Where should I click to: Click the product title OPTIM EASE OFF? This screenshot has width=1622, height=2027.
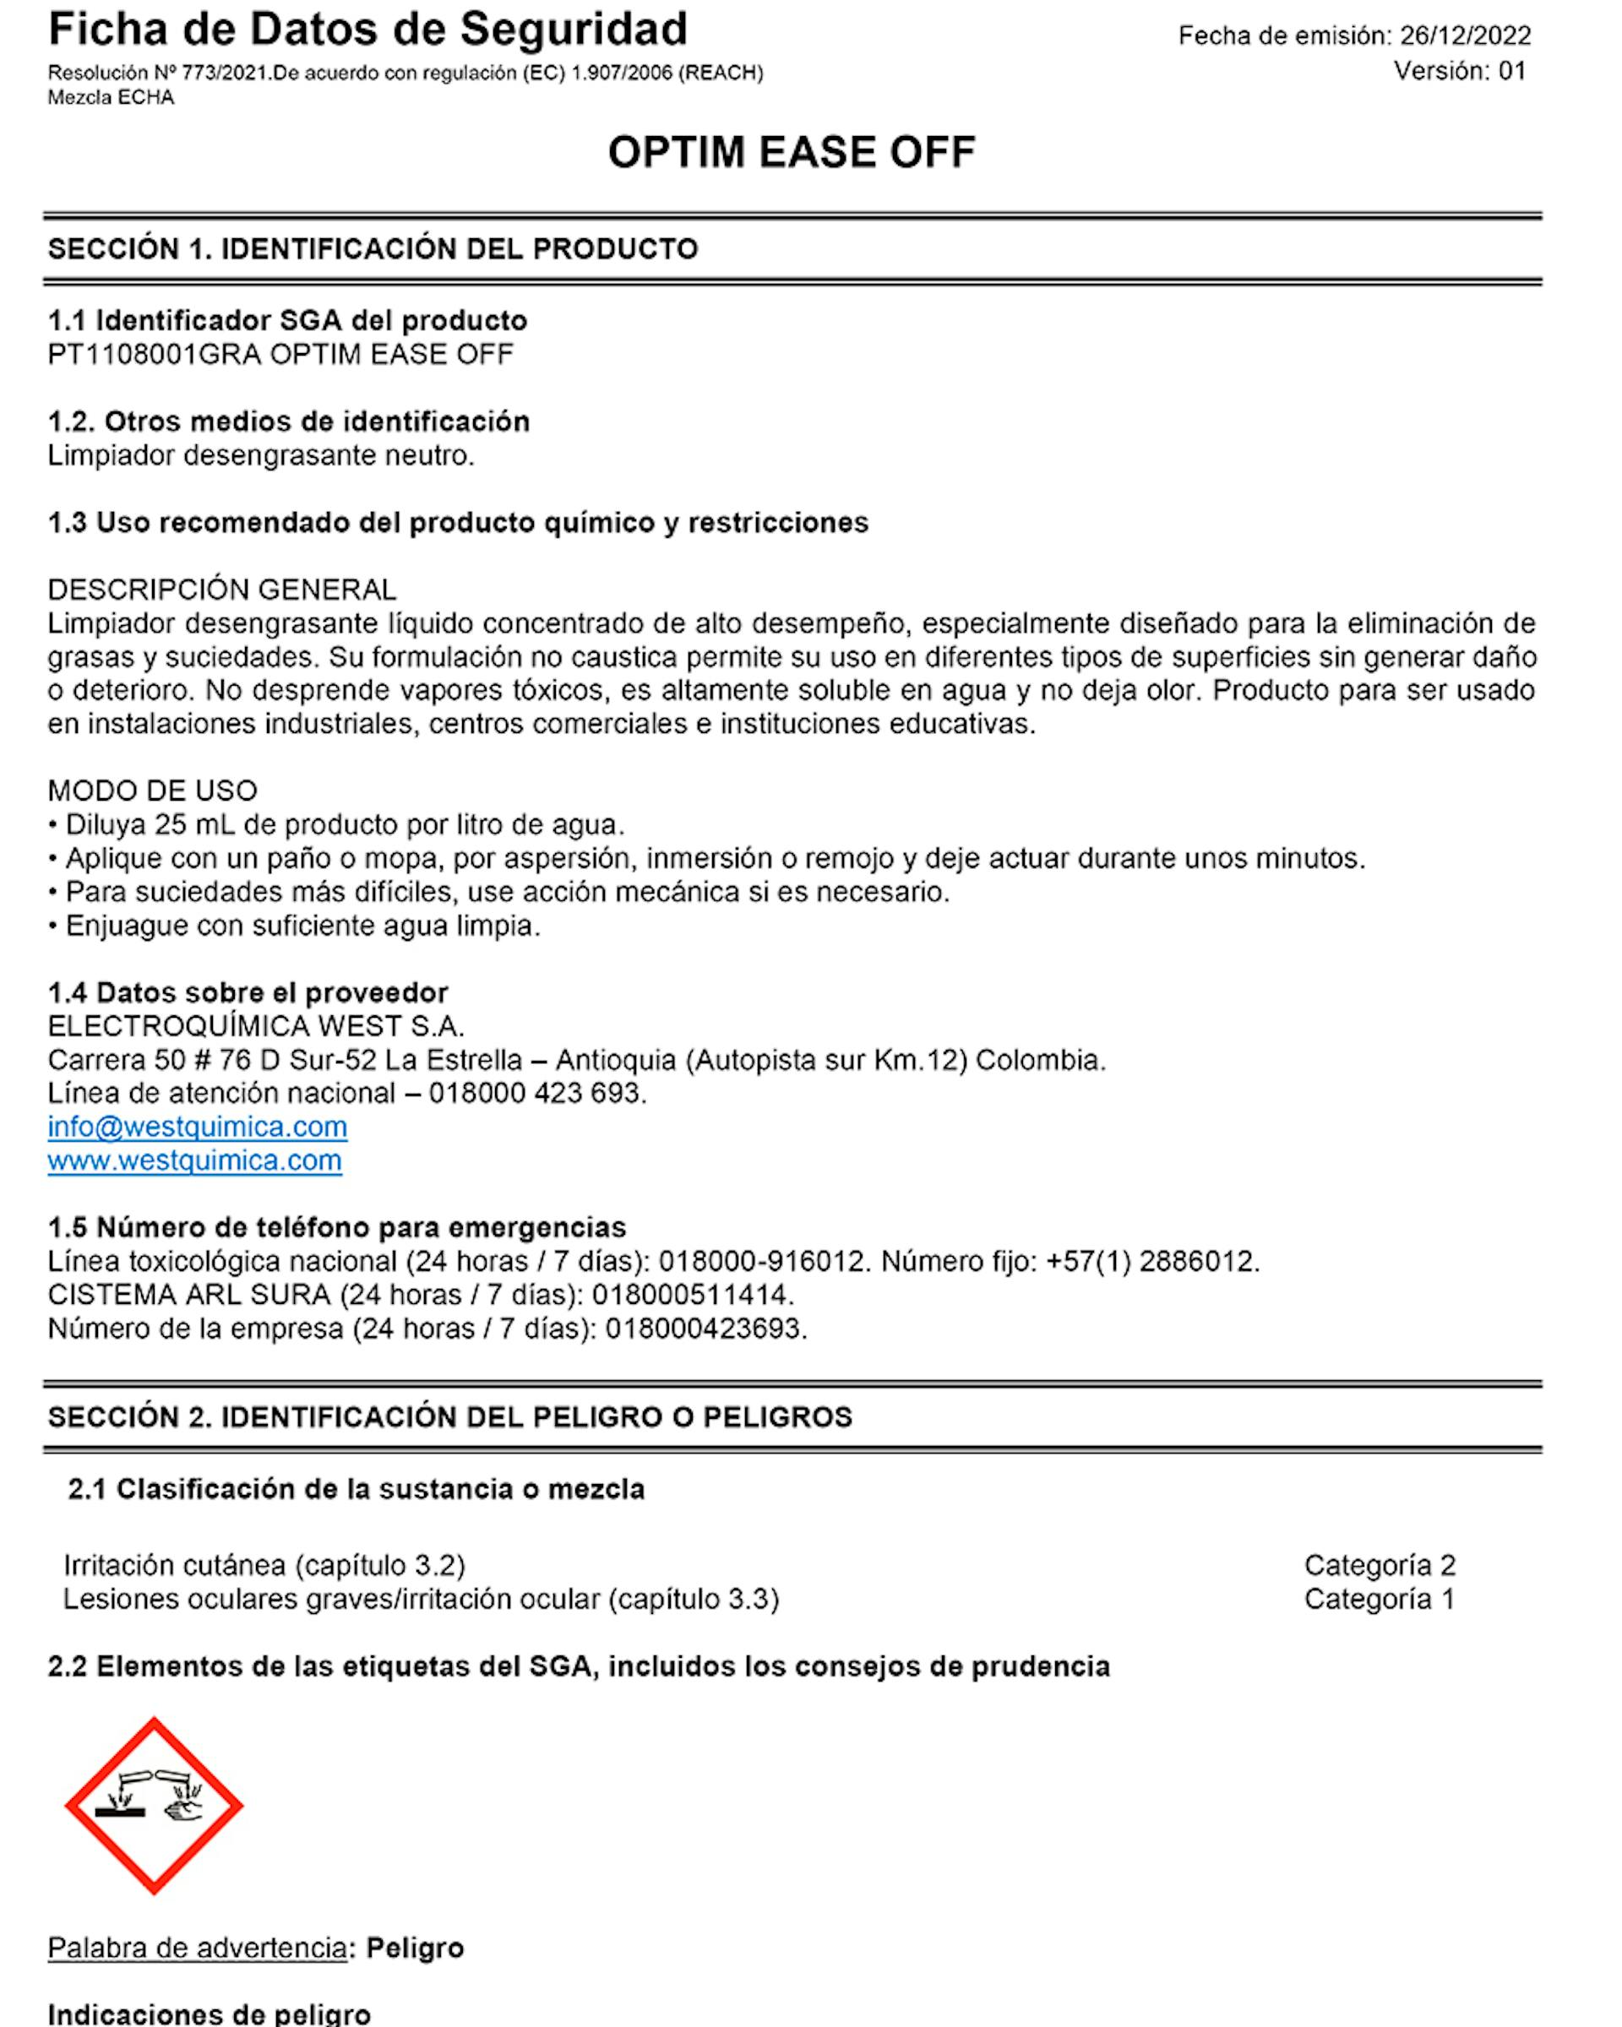coord(791,152)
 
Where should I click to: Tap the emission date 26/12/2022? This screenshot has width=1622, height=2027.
coord(1465,35)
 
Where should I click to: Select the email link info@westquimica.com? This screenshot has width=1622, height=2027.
coord(198,1127)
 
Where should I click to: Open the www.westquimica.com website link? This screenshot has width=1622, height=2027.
coord(194,1160)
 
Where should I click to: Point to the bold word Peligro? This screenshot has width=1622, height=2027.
coord(415,1947)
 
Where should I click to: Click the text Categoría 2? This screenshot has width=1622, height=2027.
coord(1380,1565)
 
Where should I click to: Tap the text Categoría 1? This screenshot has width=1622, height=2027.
coord(1380,1600)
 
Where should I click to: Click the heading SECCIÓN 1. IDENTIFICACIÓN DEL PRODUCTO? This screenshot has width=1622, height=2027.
coord(373,249)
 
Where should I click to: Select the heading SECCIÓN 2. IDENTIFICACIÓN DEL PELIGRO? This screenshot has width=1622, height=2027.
coord(449,1417)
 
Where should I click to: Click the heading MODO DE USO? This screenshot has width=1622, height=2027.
coord(152,791)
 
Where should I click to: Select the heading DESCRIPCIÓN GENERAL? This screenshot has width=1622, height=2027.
coord(222,590)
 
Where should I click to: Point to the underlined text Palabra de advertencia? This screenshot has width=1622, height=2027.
coord(197,1947)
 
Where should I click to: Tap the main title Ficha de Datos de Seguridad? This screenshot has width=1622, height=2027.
coord(367,30)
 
